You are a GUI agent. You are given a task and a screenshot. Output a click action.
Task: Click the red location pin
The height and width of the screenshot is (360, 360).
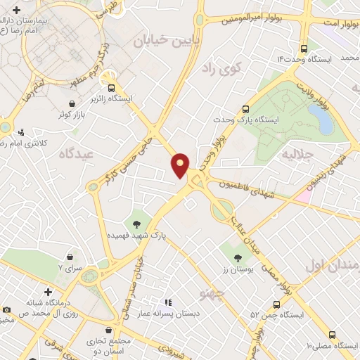point(180,165)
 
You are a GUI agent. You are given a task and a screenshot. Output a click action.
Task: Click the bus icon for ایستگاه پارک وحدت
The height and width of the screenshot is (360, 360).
point(245,109)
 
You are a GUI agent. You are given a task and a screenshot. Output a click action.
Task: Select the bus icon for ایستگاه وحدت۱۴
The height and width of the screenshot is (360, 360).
point(304,49)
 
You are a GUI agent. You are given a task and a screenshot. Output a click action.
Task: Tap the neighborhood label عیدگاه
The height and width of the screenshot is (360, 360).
point(77,153)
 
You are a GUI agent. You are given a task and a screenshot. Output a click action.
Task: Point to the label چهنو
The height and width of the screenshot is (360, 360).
point(212,292)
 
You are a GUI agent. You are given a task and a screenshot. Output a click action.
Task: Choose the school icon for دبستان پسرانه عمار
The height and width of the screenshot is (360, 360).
point(167,301)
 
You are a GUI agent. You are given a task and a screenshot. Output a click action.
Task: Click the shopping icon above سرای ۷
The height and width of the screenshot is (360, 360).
point(70,257)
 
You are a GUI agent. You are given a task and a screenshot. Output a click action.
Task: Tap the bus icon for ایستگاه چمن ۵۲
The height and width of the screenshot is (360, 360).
point(276,304)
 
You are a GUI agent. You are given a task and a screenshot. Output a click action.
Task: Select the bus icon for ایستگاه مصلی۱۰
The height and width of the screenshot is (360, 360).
point(332,335)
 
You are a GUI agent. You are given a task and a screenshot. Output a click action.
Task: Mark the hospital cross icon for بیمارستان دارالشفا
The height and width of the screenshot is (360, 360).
point(26,10)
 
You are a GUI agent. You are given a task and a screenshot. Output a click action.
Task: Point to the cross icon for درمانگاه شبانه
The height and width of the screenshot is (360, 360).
point(48,291)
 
